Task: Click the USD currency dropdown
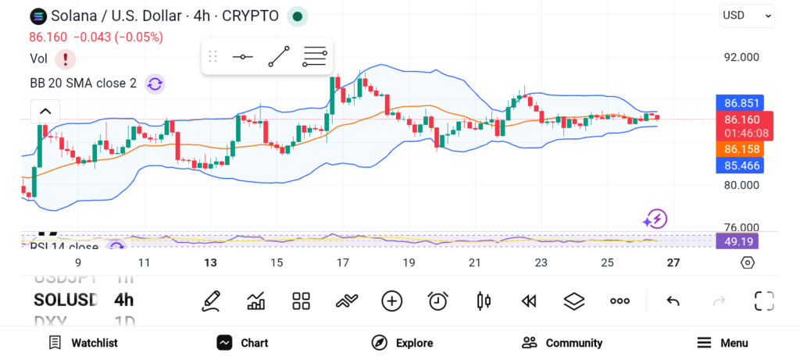point(747,15)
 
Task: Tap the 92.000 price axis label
point(741,57)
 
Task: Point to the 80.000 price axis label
point(741,185)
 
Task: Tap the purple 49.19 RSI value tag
point(737,241)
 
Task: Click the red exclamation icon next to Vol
point(66,59)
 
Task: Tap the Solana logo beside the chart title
point(37,16)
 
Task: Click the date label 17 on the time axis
point(342,263)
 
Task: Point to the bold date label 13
point(209,263)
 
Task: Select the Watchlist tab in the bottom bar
point(83,343)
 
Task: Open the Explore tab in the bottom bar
point(402,343)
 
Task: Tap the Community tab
point(562,343)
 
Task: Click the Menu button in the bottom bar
point(723,343)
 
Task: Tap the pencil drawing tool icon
point(210,301)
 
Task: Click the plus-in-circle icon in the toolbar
point(391,301)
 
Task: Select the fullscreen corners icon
point(764,301)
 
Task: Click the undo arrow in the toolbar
point(673,301)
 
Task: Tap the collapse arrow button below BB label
point(45,111)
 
